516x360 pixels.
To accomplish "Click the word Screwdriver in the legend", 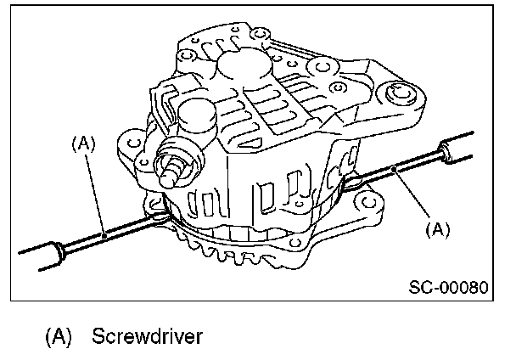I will point(149,336).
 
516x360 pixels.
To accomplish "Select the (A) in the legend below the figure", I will point(60,336).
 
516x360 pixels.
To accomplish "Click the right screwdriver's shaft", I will point(399,172).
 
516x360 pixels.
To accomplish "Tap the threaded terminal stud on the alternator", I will point(174,166).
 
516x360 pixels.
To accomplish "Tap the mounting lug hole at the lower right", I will point(367,202).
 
